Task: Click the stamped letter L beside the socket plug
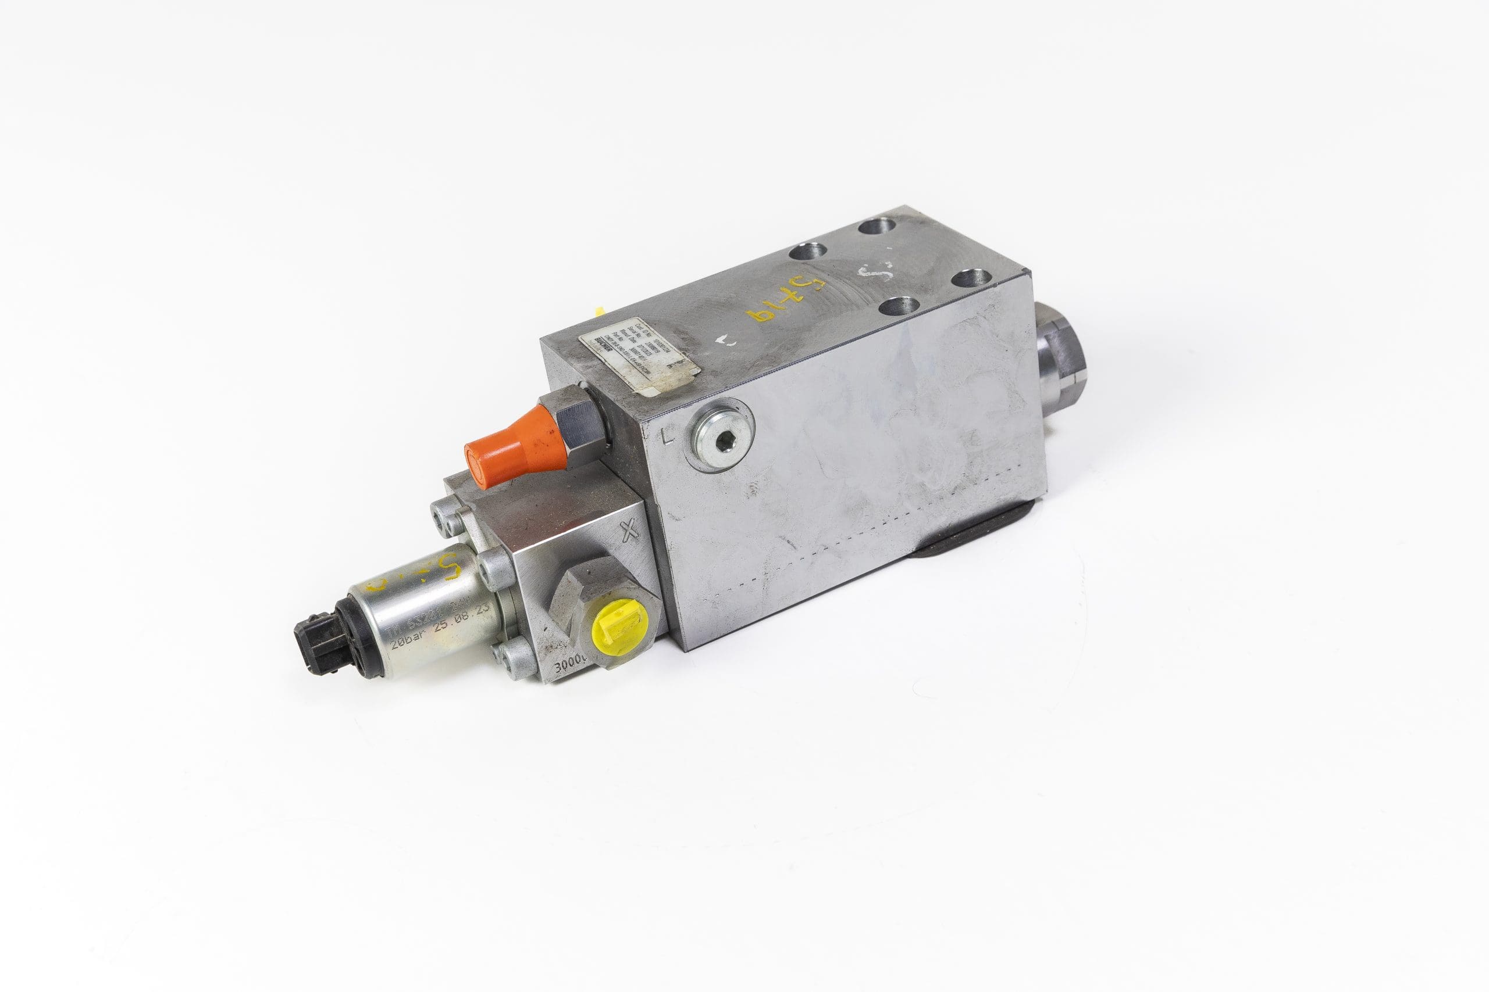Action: click(665, 436)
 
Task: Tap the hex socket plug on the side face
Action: click(722, 433)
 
